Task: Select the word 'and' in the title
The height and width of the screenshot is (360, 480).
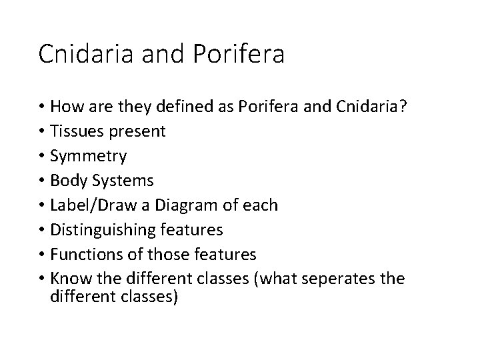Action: pyautogui.click(x=155, y=54)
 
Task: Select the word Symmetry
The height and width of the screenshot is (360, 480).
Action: pyautogui.click(x=89, y=157)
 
